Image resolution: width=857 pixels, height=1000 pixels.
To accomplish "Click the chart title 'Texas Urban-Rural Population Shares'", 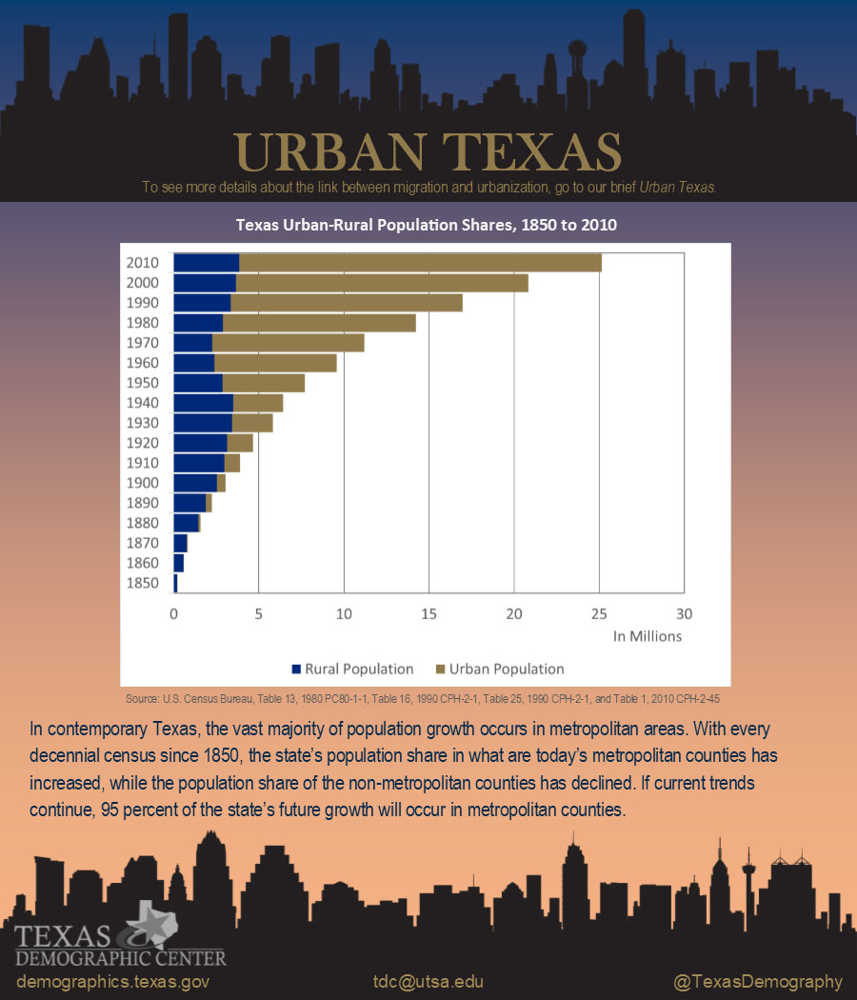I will [427, 226].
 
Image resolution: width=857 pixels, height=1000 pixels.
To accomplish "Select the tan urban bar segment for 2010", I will [419, 262].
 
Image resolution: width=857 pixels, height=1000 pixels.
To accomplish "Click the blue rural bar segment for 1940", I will [203, 403].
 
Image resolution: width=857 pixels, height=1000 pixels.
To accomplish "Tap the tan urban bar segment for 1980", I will [319, 323].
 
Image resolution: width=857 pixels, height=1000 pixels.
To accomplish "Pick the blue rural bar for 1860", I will [178, 563].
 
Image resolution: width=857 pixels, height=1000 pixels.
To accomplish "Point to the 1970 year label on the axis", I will [142, 343].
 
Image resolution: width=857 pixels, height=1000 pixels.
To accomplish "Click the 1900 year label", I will [142, 483].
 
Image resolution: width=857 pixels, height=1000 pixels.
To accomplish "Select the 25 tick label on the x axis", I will [599, 614].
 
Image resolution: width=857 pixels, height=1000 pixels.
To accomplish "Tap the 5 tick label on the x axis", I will [258, 614].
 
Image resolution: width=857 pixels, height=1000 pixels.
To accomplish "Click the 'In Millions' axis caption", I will [648, 636].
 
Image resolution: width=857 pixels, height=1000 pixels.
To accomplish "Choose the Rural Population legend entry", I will [352, 669].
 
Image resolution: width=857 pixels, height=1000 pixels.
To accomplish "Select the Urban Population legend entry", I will [500, 669].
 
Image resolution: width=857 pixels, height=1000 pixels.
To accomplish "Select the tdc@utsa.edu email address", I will [428, 982].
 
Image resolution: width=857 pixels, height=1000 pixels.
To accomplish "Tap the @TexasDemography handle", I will [758, 982].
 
